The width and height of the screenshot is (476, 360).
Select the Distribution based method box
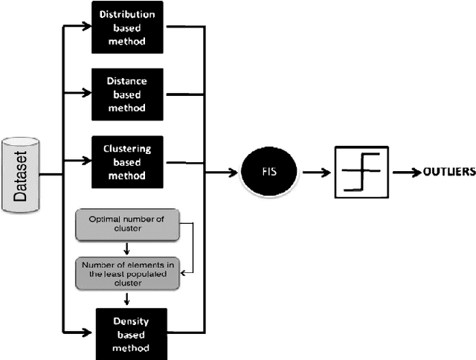[x=128, y=28]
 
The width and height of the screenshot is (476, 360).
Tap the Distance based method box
[x=128, y=94]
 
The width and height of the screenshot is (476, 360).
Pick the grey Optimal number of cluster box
[x=128, y=225]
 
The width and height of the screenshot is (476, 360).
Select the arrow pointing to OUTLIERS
[x=406, y=173]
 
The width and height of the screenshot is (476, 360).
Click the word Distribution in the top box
[x=128, y=14]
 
